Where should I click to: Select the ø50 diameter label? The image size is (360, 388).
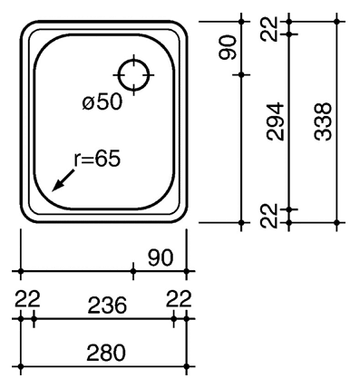pos(102,102)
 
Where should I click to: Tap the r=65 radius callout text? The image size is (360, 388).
pos(97,159)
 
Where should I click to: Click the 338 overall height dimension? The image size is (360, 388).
pos(323,121)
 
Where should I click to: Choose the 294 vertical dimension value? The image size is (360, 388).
pos(276,121)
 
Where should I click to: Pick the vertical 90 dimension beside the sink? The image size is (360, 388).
pos(227,47)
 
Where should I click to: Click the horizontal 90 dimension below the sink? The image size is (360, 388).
pos(161,257)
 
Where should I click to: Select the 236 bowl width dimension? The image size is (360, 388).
pos(107,305)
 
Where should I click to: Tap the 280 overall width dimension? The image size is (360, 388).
pos(106,353)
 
